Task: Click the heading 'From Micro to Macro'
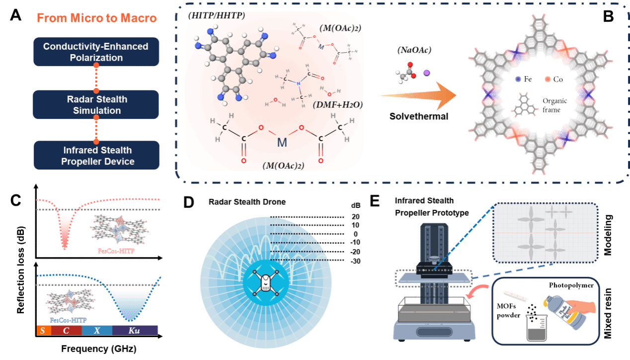pyautogui.click(x=96, y=18)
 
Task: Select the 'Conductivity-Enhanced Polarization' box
pyautogui.click(x=96, y=52)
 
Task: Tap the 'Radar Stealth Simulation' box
pyautogui.click(x=96, y=105)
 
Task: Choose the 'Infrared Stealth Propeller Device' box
pyautogui.click(x=96, y=155)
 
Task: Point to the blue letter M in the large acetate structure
pyautogui.click(x=282, y=143)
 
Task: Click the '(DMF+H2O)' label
pyautogui.click(x=338, y=105)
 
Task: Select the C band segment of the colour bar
pyautogui.click(x=66, y=330)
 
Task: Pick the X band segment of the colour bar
pyautogui.click(x=97, y=330)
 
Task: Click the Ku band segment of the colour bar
pyautogui.click(x=135, y=330)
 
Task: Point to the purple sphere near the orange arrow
pyautogui.click(x=426, y=73)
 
